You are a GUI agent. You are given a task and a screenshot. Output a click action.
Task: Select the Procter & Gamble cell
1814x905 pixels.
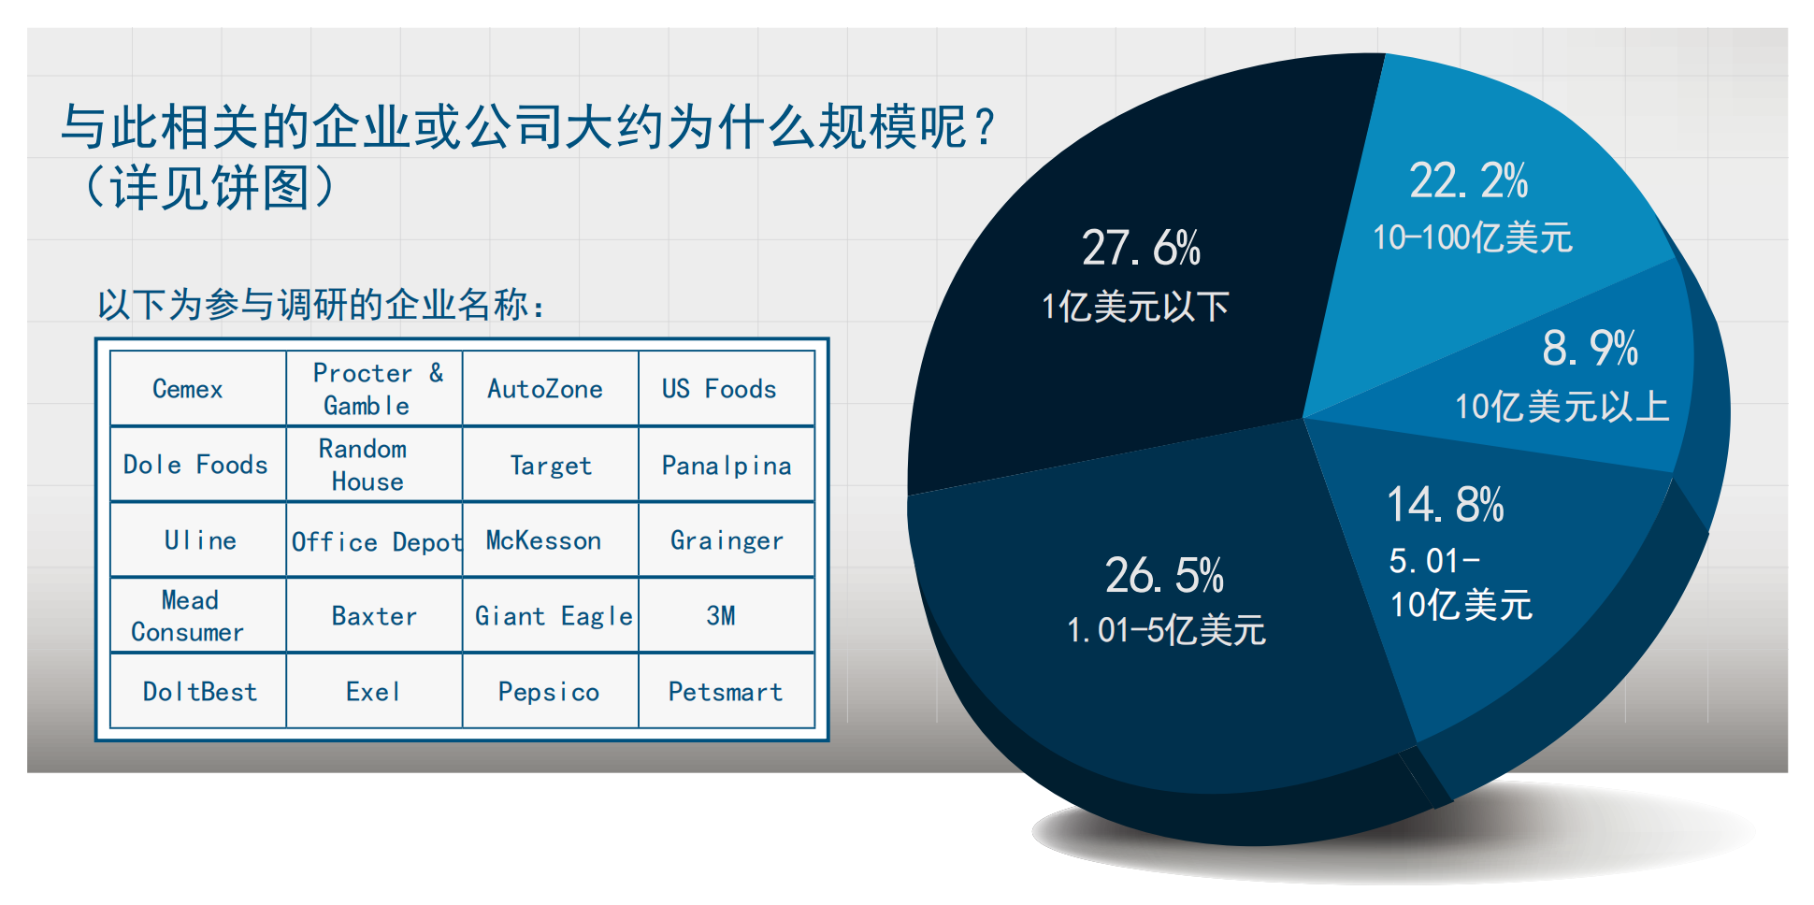coord(374,388)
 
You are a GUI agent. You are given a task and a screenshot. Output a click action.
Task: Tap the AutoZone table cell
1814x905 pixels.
coord(551,388)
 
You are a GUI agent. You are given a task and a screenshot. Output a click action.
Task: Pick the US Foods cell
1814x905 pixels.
coord(727,388)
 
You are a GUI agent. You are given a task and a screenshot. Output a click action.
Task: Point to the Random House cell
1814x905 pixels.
coord(374,465)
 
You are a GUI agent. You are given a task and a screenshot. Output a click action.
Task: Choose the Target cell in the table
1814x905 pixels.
coord(551,465)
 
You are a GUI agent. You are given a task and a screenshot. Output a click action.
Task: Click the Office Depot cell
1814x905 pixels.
coord(374,540)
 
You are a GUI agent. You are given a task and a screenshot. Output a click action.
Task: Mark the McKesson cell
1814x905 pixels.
coord(551,540)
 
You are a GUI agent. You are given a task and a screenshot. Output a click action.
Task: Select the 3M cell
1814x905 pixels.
coord(727,615)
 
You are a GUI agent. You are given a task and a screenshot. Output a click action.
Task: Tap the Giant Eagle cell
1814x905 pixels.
coord(551,615)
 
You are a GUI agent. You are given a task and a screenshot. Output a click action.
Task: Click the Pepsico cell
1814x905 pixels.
coord(551,691)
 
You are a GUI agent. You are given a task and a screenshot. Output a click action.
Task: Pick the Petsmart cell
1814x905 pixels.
coord(727,691)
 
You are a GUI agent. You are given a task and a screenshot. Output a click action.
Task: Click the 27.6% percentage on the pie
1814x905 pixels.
coord(1141,249)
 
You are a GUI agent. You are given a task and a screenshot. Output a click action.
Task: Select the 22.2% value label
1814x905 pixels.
coord(1468,181)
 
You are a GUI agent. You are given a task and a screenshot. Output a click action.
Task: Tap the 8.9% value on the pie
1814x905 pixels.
coord(1590,349)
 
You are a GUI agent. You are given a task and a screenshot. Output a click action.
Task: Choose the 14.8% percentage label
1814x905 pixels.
coord(1445,505)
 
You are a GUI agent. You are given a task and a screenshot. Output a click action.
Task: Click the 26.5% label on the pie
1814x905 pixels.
coord(1164,576)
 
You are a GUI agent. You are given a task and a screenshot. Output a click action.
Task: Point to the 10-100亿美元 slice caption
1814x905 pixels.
coord(1473,237)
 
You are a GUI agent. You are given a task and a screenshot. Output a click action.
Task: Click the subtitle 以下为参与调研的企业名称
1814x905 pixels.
coord(322,305)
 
